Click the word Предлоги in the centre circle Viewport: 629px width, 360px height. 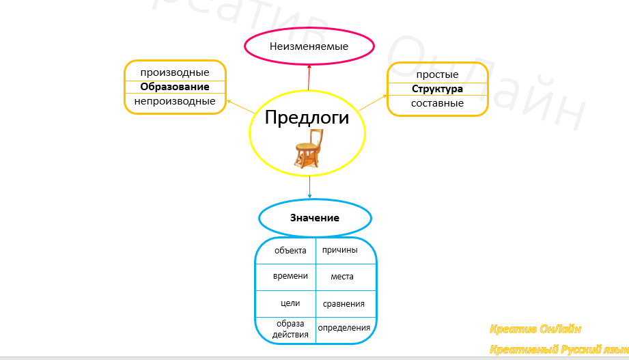pos(306,117)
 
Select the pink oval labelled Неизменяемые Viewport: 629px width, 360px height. pos(309,46)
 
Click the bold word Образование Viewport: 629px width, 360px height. pos(175,87)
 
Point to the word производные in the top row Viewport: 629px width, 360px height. pos(175,72)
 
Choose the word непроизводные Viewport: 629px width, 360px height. pos(175,101)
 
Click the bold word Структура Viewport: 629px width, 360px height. pos(437,89)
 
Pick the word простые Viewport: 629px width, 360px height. pos(437,74)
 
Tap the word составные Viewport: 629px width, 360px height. pos(437,103)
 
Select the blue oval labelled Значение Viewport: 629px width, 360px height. pos(315,218)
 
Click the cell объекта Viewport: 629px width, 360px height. pos(290,250)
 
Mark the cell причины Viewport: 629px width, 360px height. pos(339,250)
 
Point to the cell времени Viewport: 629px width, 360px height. pos(290,276)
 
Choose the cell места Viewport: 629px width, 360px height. pos(342,277)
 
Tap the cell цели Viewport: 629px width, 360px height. pos(290,303)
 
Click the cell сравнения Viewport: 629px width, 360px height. pos(344,303)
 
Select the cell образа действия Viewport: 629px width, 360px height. pos(290,329)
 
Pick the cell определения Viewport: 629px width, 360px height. pos(344,327)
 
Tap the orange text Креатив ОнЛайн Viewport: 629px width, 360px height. pos(535,329)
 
